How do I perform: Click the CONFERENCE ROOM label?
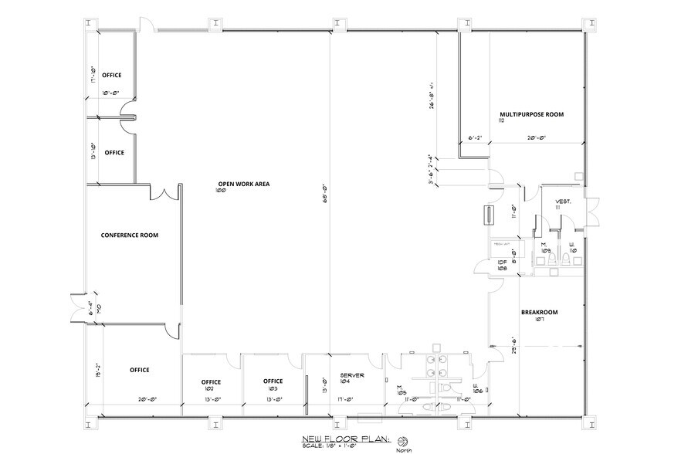coord(130,235)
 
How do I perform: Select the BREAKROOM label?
coord(539,313)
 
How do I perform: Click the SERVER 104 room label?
coord(351,378)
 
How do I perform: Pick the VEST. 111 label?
coord(562,205)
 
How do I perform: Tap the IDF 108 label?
coord(501,264)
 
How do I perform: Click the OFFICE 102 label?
coord(212,385)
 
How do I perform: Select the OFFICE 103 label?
coord(273,384)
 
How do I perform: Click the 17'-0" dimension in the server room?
coord(345,399)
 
